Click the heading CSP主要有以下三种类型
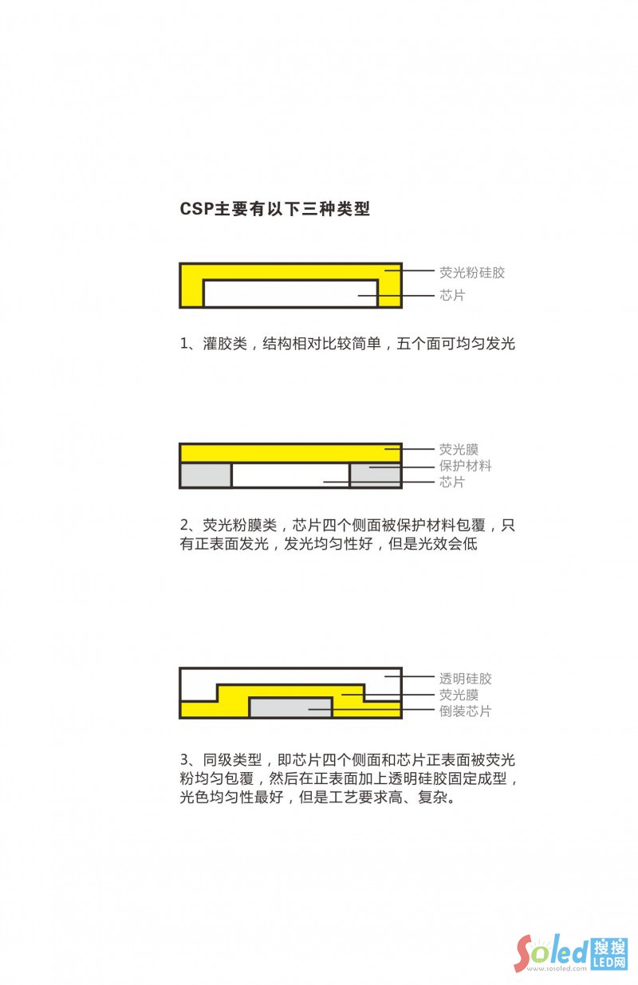pyautogui.click(x=275, y=210)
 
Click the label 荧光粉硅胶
pyautogui.click(x=472, y=273)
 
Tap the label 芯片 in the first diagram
pyautogui.click(x=452, y=295)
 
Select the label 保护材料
pyautogui.click(x=466, y=466)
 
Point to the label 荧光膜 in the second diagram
pyautogui.click(x=459, y=450)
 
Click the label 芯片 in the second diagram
pyautogui.click(x=452, y=483)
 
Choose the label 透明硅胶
pyautogui.click(x=466, y=679)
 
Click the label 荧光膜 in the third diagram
pyautogui.click(x=459, y=695)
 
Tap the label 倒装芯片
pyautogui.click(x=466, y=711)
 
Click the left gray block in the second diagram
pyautogui.click(x=206, y=475)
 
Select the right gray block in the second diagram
pyautogui.click(x=375, y=475)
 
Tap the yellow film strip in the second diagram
pyautogui.click(x=290, y=452)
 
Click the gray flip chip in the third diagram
pyautogui.click(x=290, y=707)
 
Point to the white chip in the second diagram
pyautogui.click(x=290, y=475)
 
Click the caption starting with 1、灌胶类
pyautogui.click(x=348, y=345)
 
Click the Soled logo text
pyautogui.click(x=550, y=951)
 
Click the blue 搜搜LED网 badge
pyautogui.click(x=610, y=954)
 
